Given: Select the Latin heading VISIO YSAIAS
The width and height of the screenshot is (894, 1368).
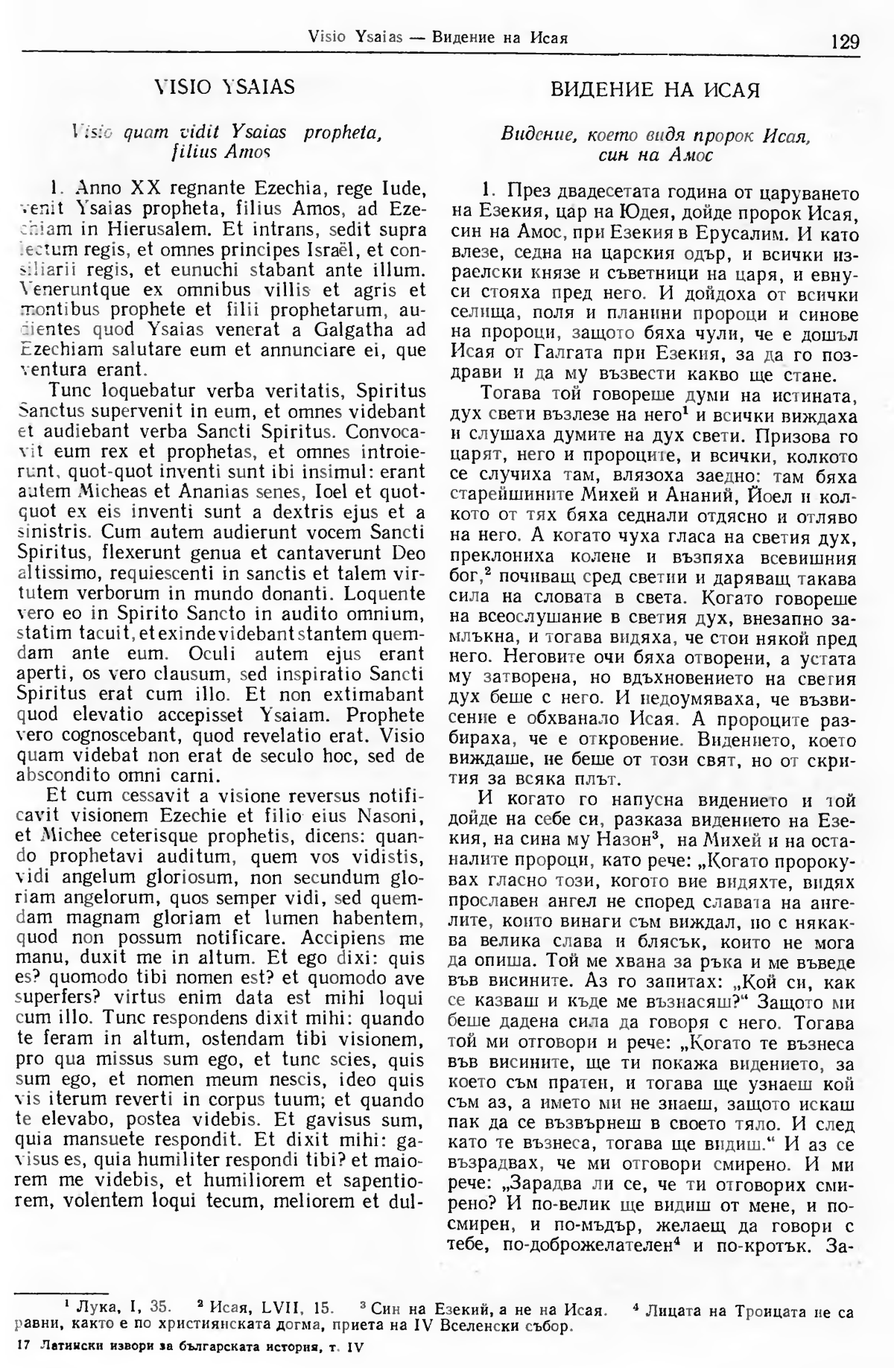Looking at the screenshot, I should (x=223, y=88).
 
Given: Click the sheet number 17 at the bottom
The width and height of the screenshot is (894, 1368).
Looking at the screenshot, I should (x=22, y=1346).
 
